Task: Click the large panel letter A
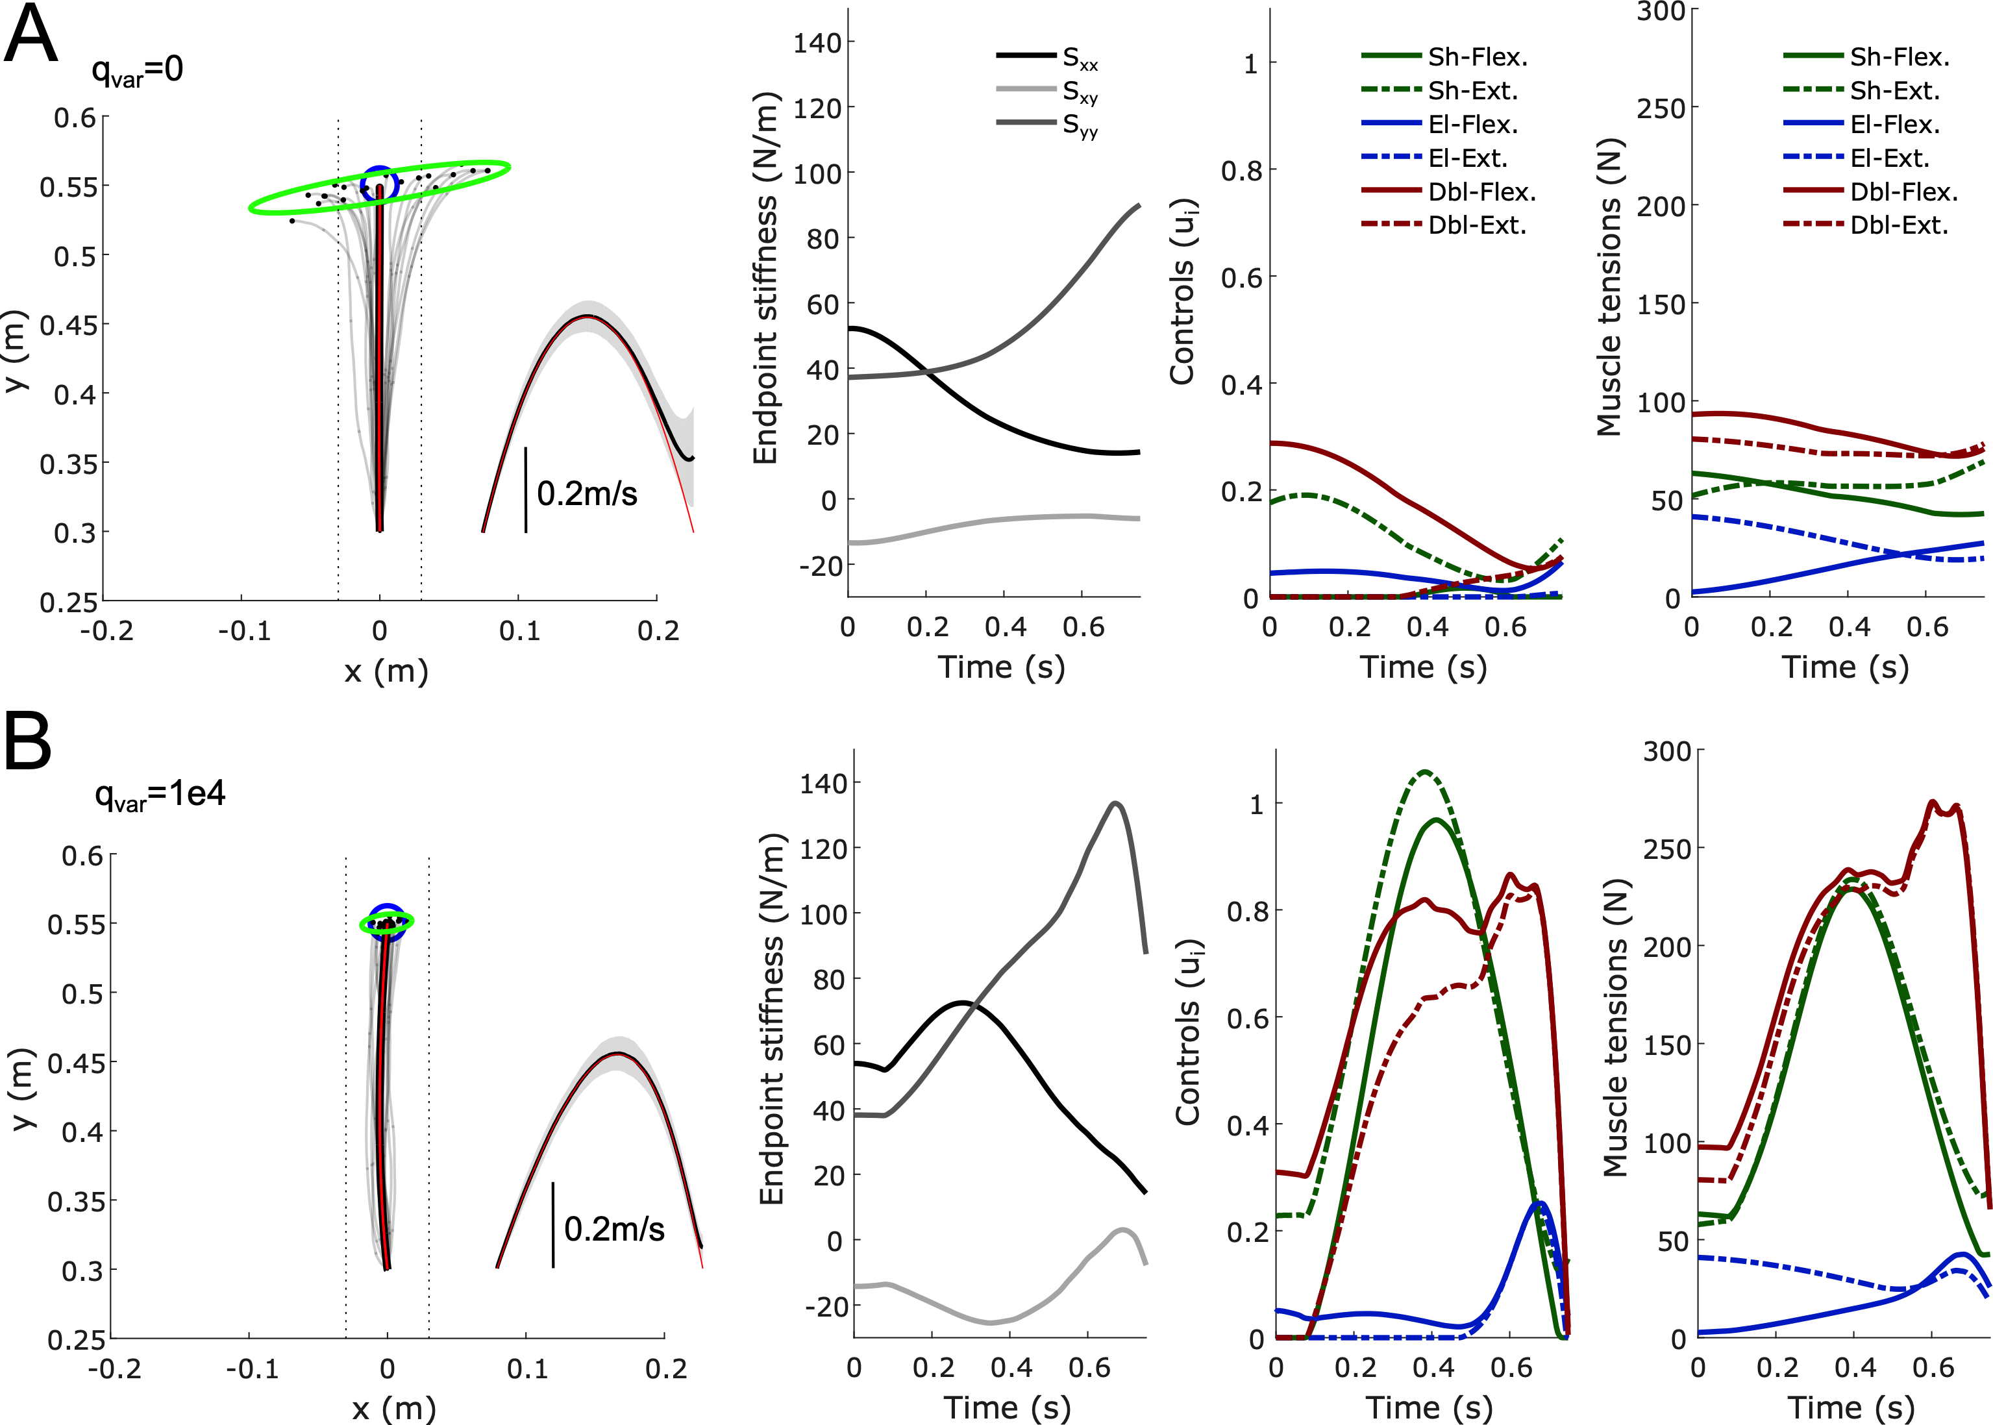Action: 32,35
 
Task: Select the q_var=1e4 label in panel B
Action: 160,795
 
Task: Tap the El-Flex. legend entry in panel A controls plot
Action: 1473,125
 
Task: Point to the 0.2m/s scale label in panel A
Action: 587,494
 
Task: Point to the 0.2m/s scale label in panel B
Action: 614,1230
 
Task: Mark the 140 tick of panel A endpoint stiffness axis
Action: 817,42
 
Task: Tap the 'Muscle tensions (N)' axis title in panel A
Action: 1609,287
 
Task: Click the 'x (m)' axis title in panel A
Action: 386,671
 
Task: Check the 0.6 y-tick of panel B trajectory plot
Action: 83,854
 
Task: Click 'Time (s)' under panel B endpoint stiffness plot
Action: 1007,1407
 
